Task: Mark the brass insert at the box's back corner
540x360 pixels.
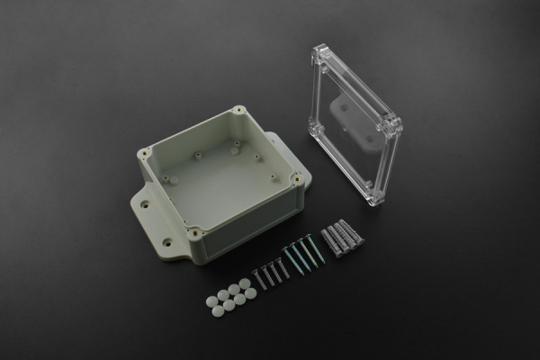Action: [x=238, y=111]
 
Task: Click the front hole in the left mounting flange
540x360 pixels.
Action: [x=166, y=242]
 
